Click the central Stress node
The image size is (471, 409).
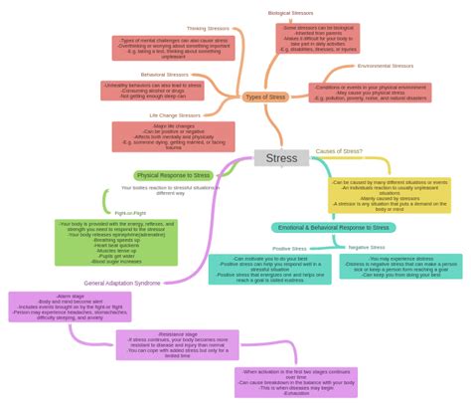[x=281, y=158]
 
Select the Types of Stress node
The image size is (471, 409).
[x=265, y=97]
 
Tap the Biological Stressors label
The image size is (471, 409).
[x=290, y=13]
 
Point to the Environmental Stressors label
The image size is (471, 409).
[x=385, y=66]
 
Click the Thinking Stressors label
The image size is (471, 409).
[x=208, y=29]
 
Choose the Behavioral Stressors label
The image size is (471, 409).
[x=166, y=75]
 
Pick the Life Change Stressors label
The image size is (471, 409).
[x=174, y=115]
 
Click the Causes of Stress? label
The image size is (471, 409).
[x=339, y=151]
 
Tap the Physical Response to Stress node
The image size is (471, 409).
[x=173, y=175]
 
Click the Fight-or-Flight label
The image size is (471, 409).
[x=130, y=213]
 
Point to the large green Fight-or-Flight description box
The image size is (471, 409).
[x=115, y=243]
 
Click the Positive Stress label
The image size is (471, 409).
[x=289, y=249]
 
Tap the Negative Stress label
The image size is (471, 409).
[x=366, y=247]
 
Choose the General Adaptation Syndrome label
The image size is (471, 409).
[x=122, y=283]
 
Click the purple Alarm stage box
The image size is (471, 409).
[x=70, y=307]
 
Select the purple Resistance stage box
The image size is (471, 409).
[x=177, y=344]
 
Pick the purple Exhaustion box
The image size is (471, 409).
[x=295, y=382]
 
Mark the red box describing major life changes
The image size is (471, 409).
[x=173, y=136]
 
